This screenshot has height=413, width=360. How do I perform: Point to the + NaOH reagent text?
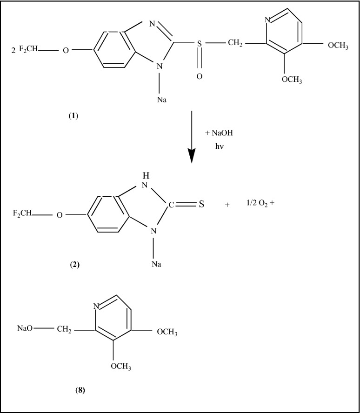[219, 133]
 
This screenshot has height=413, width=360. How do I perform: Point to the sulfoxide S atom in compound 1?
[198, 45]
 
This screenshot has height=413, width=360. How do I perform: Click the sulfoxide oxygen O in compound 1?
[199, 76]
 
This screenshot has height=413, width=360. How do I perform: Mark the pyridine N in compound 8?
[97, 306]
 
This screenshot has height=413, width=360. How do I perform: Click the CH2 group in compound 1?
[236, 44]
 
